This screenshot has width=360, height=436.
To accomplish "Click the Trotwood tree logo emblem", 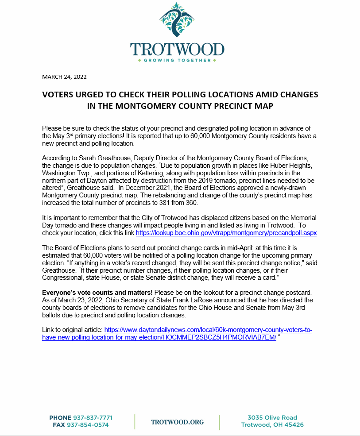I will point(178,22).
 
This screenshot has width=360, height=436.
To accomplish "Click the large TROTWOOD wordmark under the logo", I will point(177,49).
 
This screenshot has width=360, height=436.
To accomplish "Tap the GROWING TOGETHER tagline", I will point(177,60).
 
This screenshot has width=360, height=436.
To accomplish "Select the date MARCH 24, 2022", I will point(64,77).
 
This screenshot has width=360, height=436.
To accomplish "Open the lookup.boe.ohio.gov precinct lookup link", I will point(226,232).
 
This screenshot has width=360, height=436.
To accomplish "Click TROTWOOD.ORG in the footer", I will point(177,422).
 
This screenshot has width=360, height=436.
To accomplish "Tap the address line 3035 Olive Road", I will point(272,417).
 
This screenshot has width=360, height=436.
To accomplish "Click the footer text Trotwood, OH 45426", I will point(272,425).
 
